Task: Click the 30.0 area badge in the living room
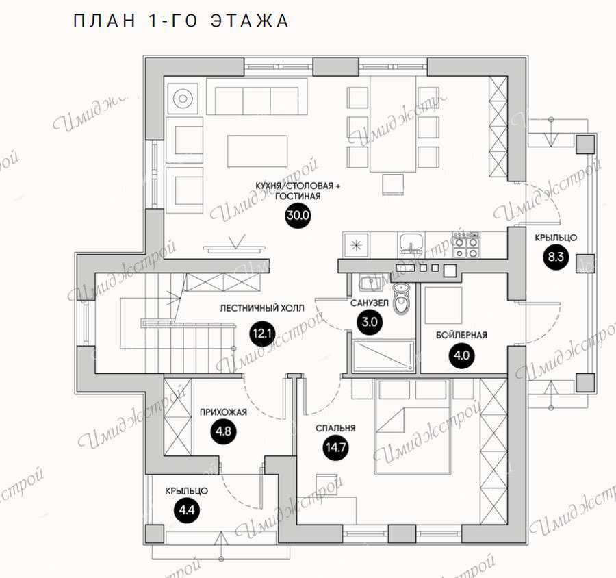[x=298, y=216]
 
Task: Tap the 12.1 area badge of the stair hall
[x=262, y=334]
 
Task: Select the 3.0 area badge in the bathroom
[x=370, y=322]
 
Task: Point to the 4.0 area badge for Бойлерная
[x=461, y=355]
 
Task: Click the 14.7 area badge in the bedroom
[x=335, y=447]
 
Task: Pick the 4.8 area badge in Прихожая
[x=223, y=431]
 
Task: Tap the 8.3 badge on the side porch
[x=556, y=257]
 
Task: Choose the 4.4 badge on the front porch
[x=187, y=510]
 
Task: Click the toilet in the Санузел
[x=402, y=299]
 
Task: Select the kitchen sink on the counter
[x=411, y=243]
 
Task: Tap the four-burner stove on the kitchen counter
[x=466, y=244]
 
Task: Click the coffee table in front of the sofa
[x=257, y=151]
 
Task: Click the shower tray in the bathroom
[x=383, y=356]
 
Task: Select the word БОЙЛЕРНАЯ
[x=461, y=335]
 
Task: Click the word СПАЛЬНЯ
[x=335, y=428]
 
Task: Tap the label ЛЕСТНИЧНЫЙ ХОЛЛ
[x=262, y=308]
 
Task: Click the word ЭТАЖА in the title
[x=250, y=21]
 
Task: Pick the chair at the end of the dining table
[x=393, y=184]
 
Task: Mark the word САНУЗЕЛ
[x=370, y=303]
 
